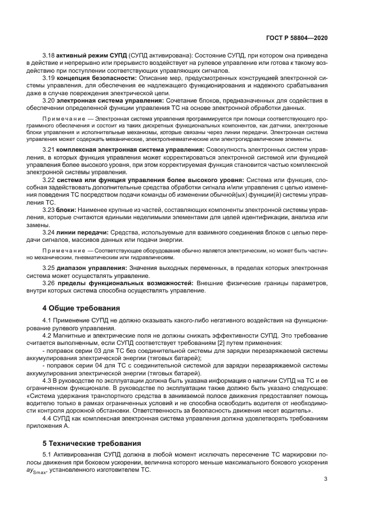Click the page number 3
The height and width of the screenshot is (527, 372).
(x=326, y=479)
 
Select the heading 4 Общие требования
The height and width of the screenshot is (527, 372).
(x=82, y=308)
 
